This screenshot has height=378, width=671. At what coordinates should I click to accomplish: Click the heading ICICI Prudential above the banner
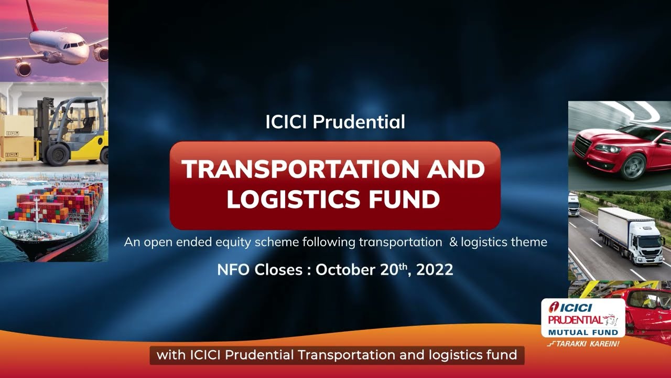tap(335, 122)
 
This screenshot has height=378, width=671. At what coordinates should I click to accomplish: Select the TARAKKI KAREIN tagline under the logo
tap(583, 344)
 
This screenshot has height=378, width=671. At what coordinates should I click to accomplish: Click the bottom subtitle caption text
tap(337, 355)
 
